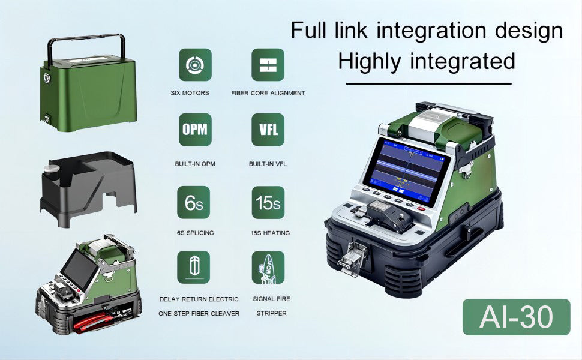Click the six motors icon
[194, 65]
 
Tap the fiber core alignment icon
[268, 65]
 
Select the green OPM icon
[194, 130]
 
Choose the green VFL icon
[268, 130]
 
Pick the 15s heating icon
[268, 203]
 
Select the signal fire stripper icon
[268, 268]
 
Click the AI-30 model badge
[516, 317]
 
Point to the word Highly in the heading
[374, 61]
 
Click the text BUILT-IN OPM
[194, 164]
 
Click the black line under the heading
[428, 83]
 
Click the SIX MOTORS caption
[190, 93]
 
